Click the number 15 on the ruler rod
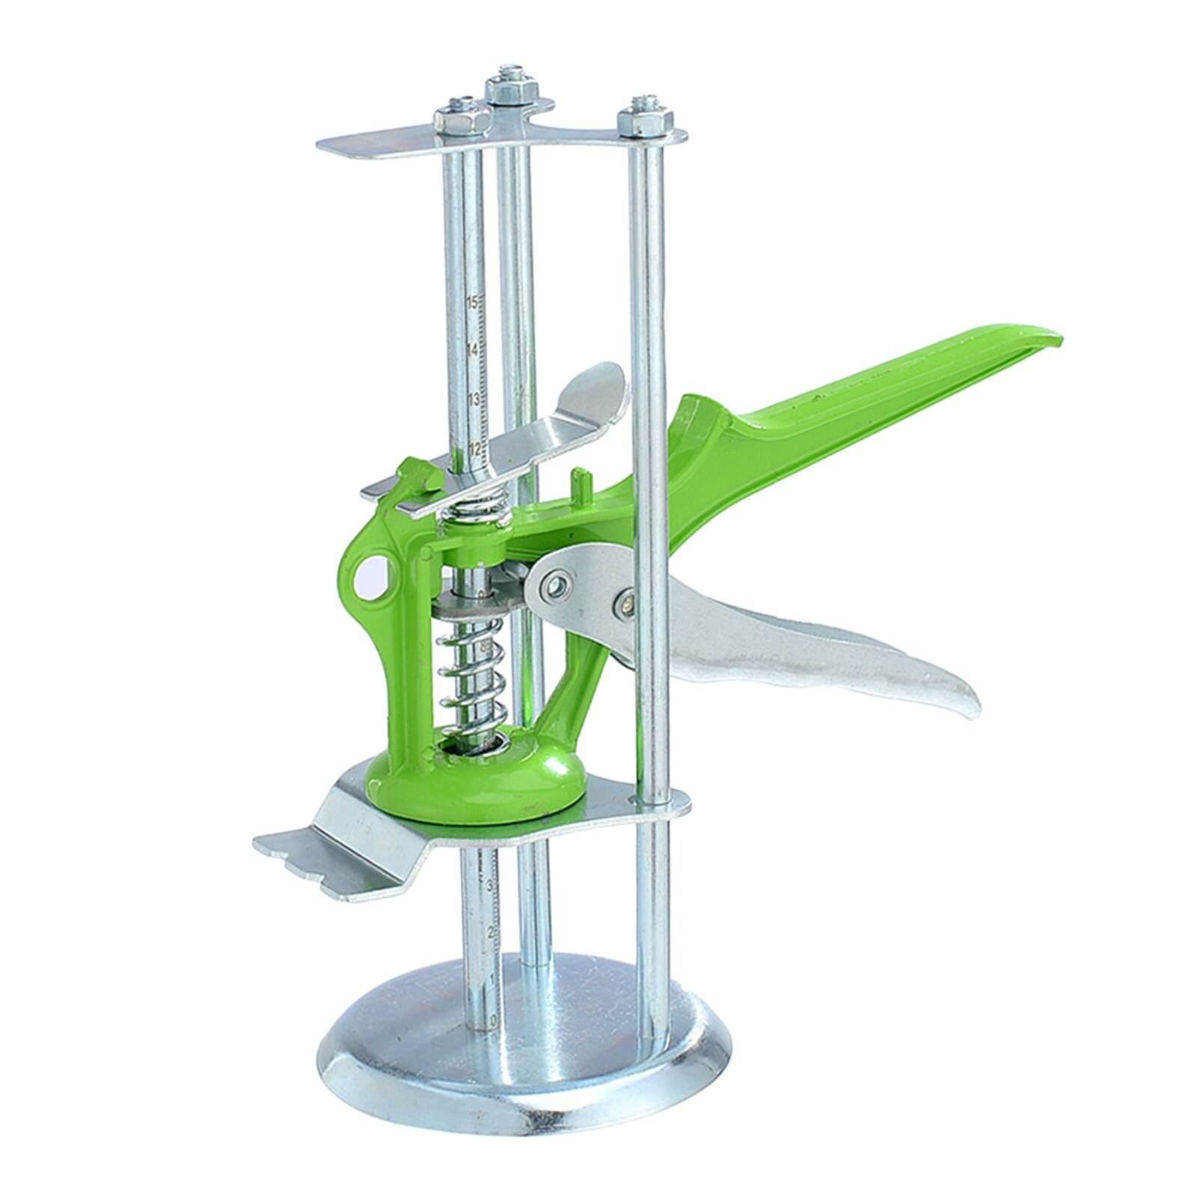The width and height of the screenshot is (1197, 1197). coord(472,302)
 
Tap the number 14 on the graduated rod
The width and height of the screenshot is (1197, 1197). coord(472,350)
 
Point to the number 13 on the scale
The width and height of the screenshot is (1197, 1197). coord(472,399)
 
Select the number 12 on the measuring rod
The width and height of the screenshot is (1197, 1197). coord(474,448)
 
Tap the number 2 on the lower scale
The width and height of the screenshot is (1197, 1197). coord(490,932)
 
